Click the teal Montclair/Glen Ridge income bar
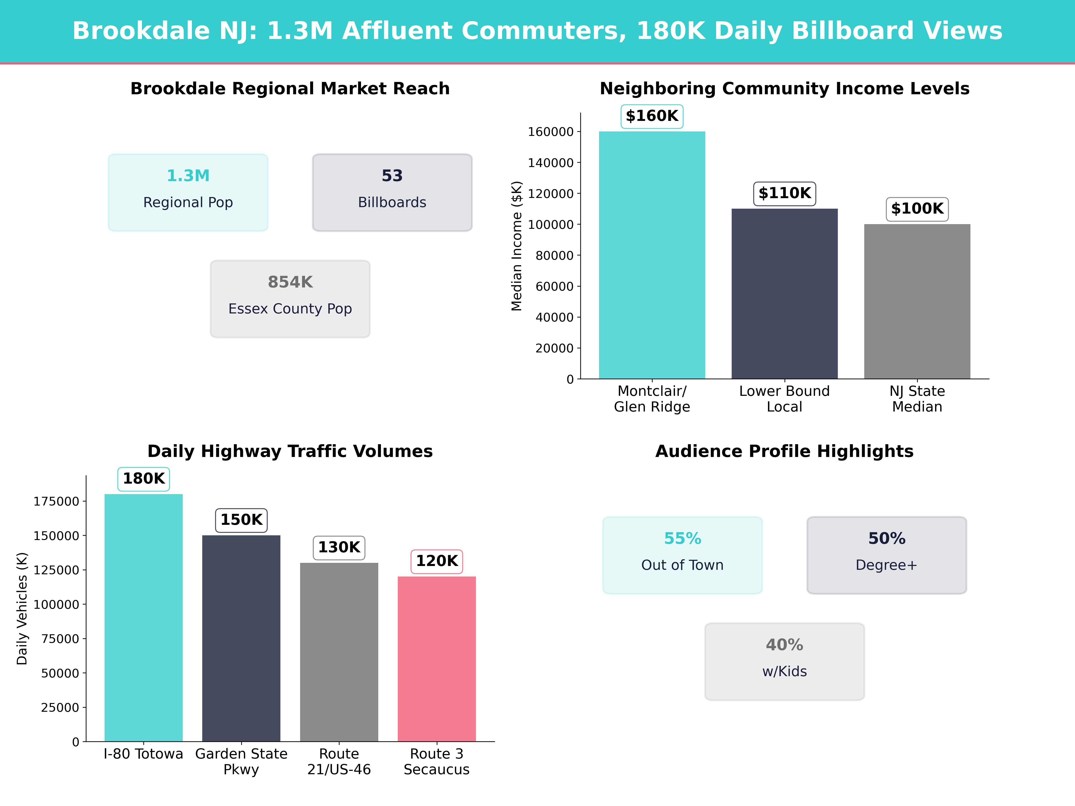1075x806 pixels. (652, 255)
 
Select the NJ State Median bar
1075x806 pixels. (917, 301)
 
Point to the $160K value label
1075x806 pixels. (652, 116)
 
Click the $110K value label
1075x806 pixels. (784, 193)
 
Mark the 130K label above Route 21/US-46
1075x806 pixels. (339, 548)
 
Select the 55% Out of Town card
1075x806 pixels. (682, 555)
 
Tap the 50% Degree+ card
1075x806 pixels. (886, 555)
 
